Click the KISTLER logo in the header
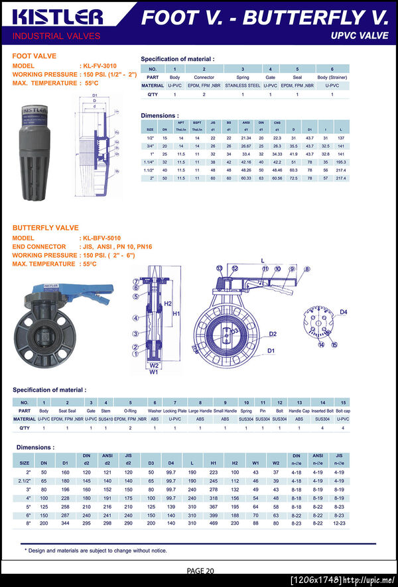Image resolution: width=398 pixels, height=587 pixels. coord(57,17)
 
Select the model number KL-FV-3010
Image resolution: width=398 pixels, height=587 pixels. coord(99,66)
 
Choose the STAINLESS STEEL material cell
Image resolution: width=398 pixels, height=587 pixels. coord(243,85)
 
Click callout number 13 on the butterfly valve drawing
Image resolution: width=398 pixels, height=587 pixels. coord(219,268)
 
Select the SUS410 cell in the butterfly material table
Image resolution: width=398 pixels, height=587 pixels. coord(105,419)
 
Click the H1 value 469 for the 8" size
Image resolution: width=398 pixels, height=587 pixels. coord(214,523)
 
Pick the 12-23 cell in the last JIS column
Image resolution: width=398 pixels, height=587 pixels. coord(339,523)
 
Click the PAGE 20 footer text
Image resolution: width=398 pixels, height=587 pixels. coord(200,570)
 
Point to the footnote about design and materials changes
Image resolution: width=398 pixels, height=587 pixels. coord(96,550)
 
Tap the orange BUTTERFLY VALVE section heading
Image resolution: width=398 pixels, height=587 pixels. coord(46,228)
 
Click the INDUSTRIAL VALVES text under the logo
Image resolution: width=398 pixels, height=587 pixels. coord(57,36)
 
